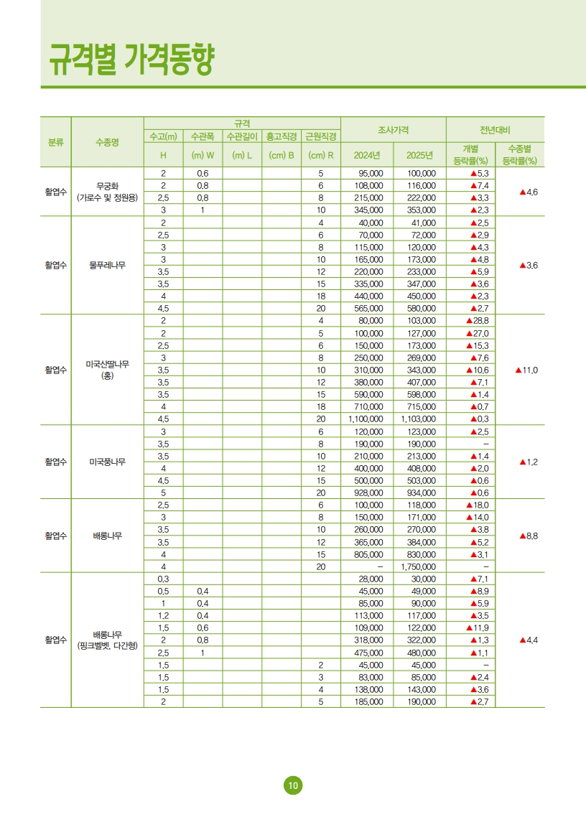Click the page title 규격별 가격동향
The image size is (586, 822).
pyautogui.click(x=131, y=59)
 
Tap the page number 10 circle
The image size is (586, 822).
pyautogui.click(x=292, y=785)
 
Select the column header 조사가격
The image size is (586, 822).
pyautogui.click(x=393, y=129)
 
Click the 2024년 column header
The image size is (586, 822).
pyautogui.click(x=367, y=155)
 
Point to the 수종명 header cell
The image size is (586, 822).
pyautogui.click(x=107, y=142)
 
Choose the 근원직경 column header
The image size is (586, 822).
pyautogui.click(x=320, y=136)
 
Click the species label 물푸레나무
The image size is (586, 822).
pyautogui.click(x=107, y=265)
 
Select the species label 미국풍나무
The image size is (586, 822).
pyautogui.click(x=107, y=462)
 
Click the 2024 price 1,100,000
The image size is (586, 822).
pyautogui.click(x=366, y=419)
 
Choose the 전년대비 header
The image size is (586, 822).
pyautogui.click(x=495, y=129)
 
